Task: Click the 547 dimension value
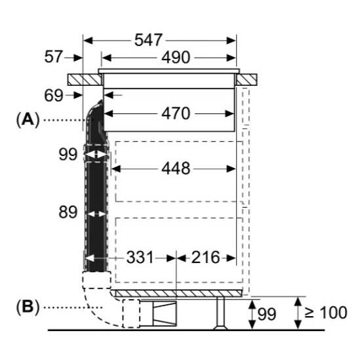pos(148,40)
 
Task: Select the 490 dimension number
pos(176,58)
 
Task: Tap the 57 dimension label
pos(53,56)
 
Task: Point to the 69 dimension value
pos(54,96)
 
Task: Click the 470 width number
pos(176,113)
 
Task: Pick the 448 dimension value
pos(176,169)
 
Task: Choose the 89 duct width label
pos(68,212)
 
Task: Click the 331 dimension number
pos(140,257)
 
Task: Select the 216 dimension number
pos(205,257)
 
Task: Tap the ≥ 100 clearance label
pos(326,312)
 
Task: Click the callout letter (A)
pos(28,120)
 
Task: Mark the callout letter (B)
pos(28,306)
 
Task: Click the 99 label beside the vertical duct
pos(68,154)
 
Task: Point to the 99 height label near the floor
pos(266,314)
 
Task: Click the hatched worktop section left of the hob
pos(85,79)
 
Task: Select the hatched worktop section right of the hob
pos(247,79)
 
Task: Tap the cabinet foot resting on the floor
pos(220,313)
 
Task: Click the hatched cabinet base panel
pos(178,293)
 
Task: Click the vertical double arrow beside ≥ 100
pos(298,313)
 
